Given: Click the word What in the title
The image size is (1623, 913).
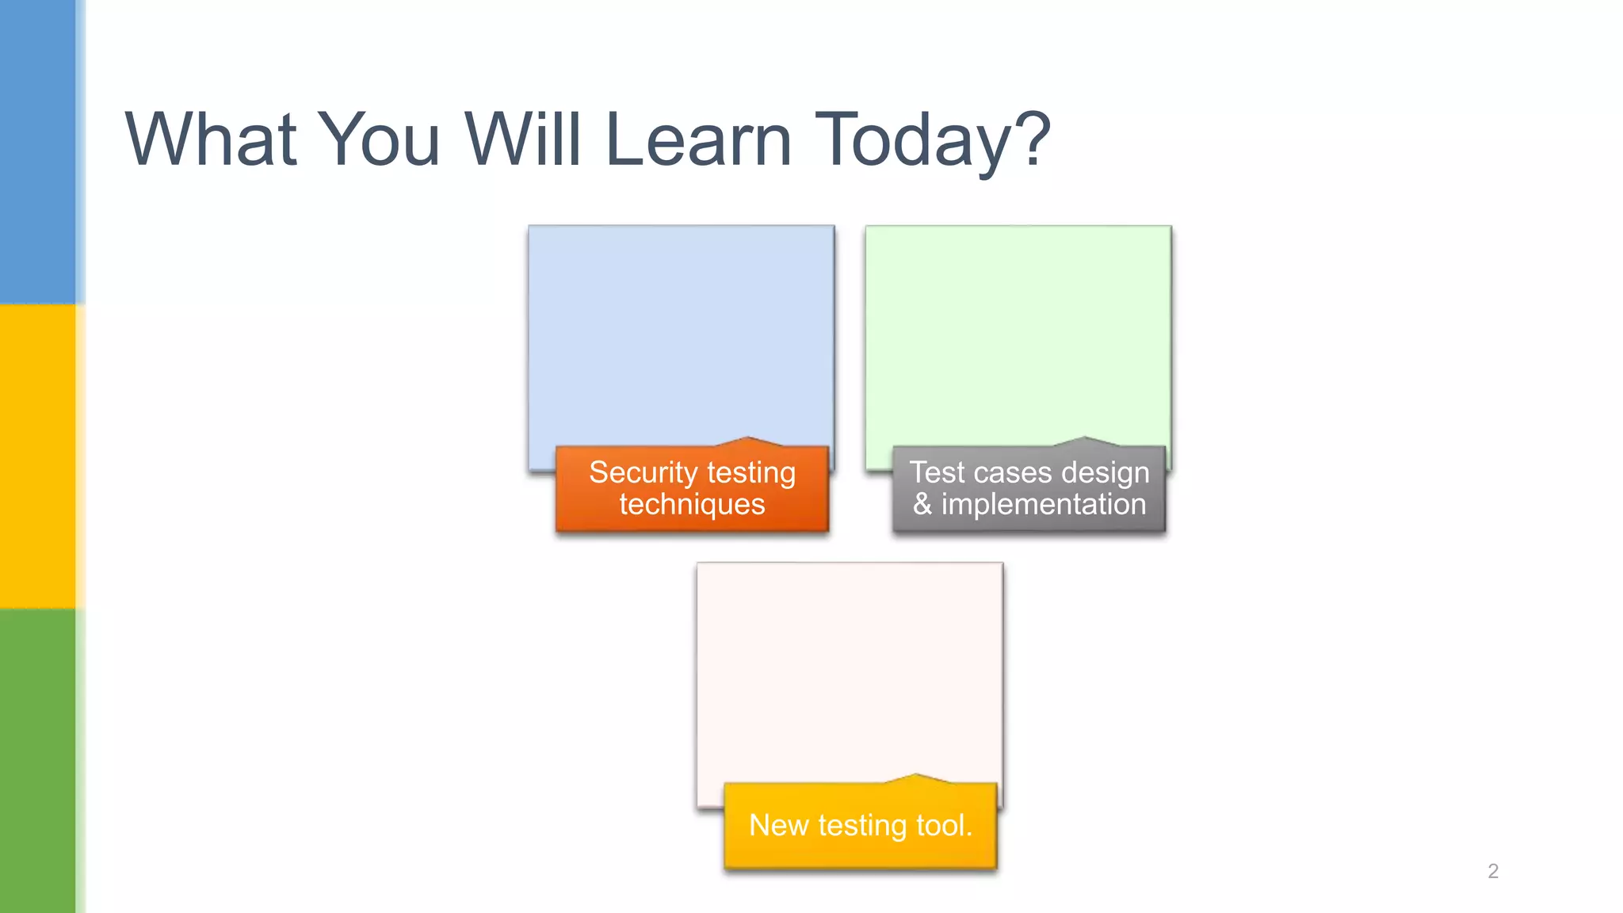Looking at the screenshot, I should [211, 139].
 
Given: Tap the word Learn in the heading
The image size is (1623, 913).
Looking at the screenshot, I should [698, 139].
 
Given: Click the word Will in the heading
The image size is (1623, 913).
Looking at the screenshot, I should [522, 139].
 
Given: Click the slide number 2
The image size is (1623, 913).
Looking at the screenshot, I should [1493, 871].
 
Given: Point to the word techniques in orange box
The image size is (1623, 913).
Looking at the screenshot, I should [692, 505].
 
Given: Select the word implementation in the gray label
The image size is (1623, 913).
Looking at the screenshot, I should [1043, 505].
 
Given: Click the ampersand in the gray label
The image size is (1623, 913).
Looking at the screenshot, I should [922, 505].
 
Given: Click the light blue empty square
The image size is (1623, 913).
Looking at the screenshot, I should [681, 333].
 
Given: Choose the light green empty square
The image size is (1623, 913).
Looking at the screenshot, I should [1018, 333].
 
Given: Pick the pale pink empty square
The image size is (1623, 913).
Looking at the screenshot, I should [850, 670].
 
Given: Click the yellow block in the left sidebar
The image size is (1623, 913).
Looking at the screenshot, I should [38, 456].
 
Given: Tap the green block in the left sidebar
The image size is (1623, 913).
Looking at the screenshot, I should [38, 761].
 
